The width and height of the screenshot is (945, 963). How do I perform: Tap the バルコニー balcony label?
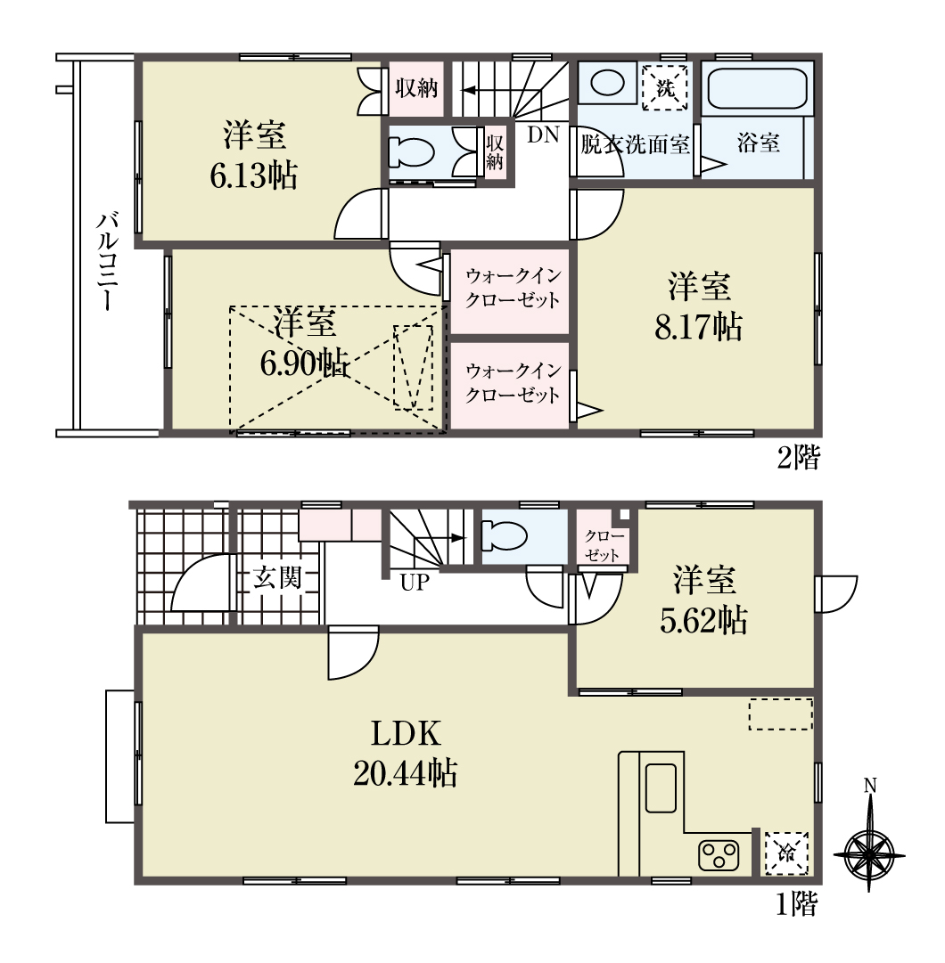coord(106,261)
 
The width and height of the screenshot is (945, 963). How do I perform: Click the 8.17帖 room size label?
coord(699,327)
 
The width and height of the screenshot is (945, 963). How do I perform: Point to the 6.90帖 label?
coord(305,365)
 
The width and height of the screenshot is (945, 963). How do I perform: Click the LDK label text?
coord(406,733)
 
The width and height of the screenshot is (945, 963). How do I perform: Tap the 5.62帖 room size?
coord(703,620)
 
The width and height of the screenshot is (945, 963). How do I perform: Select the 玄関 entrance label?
coord(278,578)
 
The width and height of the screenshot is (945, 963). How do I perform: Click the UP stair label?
coord(415,583)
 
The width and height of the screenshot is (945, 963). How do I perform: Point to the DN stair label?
coord(543,135)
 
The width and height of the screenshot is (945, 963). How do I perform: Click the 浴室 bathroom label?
coord(758,143)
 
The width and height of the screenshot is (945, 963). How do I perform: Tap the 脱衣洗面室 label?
coord(635,145)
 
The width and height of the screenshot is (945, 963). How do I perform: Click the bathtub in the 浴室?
coord(756,88)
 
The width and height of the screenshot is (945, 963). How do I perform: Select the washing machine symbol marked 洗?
coord(665,87)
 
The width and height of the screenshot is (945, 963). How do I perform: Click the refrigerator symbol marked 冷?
coord(785,853)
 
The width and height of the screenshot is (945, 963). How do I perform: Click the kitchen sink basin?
coord(661,788)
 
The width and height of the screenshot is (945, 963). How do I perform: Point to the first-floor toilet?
coord(505,535)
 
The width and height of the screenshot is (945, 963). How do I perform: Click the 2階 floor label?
coord(798,457)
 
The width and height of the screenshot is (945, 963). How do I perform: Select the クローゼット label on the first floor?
coord(604,545)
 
